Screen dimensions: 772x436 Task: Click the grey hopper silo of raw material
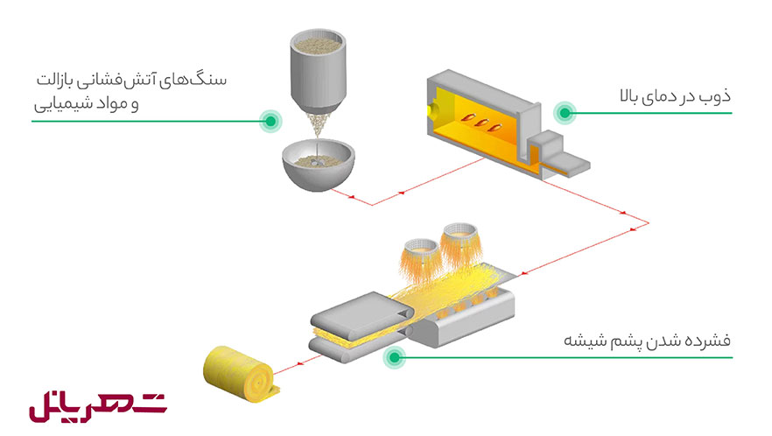point(318,72)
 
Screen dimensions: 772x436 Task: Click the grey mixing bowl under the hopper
point(318,165)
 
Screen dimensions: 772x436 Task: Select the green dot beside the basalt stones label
point(270,121)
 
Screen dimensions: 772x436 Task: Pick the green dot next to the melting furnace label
point(565,113)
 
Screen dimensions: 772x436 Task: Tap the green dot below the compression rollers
point(395,357)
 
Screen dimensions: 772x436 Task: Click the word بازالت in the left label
point(55,81)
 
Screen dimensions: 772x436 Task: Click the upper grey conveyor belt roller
point(361,315)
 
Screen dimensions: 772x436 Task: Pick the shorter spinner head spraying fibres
point(420,260)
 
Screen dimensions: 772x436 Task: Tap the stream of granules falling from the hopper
point(318,125)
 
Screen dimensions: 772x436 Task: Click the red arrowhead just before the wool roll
point(299,364)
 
